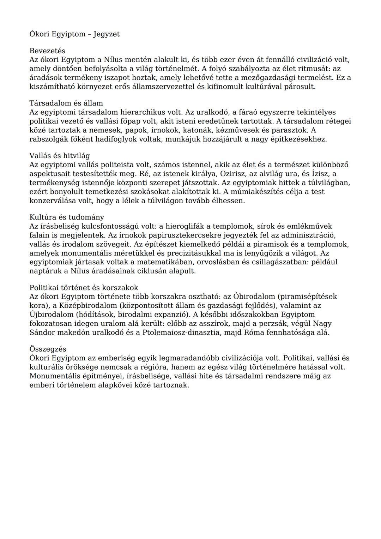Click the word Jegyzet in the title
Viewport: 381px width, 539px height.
[106, 34]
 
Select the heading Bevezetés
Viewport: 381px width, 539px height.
[47, 51]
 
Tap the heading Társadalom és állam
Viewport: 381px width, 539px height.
[66, 103]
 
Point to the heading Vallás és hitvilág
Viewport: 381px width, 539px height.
[59, 156]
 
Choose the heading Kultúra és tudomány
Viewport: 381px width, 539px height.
[67, 217]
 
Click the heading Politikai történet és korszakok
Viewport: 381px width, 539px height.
[84, 288]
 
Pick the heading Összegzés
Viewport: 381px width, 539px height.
[48, 349]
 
